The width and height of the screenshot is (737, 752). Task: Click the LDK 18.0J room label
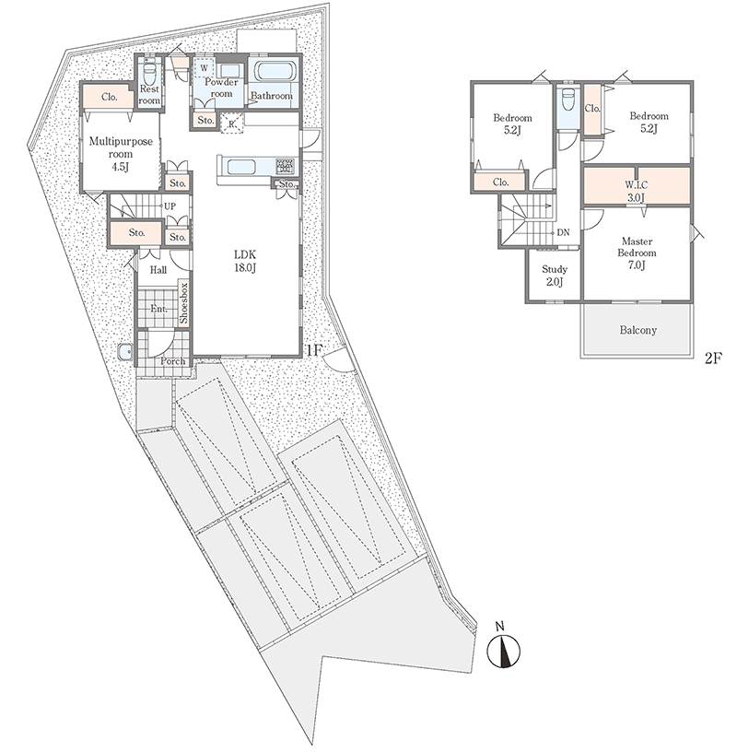[245, 261]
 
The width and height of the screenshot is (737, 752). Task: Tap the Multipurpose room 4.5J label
[121, 154]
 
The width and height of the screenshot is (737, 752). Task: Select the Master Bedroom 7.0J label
[638, 253]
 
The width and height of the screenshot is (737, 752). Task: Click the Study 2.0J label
[555, 276]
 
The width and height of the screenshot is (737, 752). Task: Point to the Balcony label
[638, 330]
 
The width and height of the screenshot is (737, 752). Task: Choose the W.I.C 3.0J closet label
[637, 191]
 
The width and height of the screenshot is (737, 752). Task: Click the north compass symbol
[504, 650]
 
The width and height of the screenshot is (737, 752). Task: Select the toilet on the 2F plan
[568, 100]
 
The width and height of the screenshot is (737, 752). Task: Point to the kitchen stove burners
[285, 166]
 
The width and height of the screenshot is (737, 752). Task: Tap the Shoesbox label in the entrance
[184, 303]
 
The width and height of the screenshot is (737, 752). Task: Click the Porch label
[172, 360]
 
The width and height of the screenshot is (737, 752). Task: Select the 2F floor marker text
[713, 358]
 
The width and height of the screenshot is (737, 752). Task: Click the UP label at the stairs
[170, 206]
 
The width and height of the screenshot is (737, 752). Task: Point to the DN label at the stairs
[563, 232]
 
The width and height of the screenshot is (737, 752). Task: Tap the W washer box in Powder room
[205, 67]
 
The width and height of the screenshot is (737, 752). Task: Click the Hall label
[158, 270]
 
